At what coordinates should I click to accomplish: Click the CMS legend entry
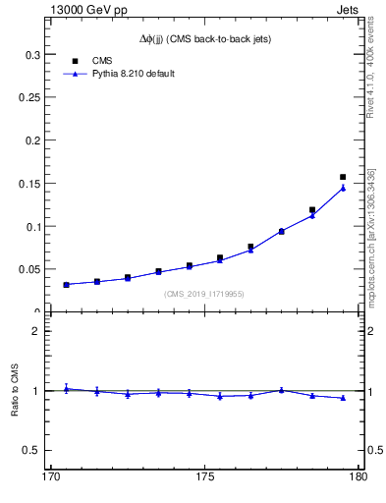point(103,60)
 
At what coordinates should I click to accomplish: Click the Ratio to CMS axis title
point(15,391)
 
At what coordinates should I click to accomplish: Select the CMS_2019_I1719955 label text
point(204,294)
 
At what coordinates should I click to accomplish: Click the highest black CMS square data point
point(343,177)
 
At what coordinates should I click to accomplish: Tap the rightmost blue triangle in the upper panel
point(343,188)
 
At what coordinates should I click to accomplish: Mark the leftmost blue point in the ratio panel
point(66,388)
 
